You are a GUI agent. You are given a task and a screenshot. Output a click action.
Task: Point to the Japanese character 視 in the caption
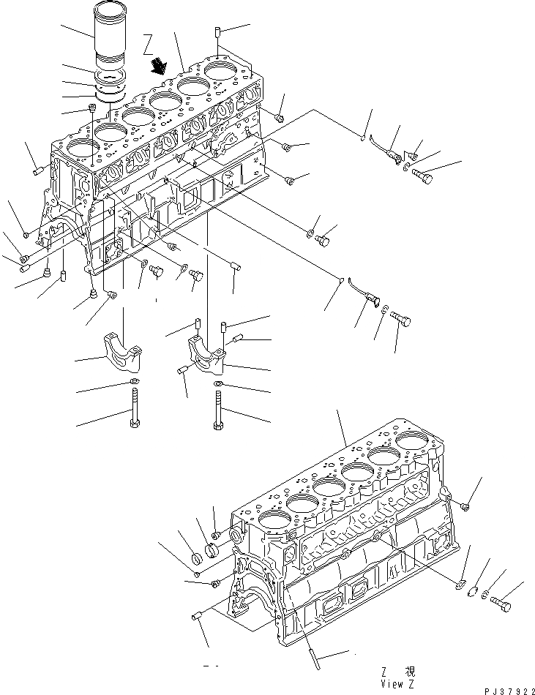[412, 670]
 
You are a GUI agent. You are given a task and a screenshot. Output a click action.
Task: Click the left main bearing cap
[124, 351]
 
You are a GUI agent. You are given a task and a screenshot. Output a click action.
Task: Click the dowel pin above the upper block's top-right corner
[220, 32]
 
